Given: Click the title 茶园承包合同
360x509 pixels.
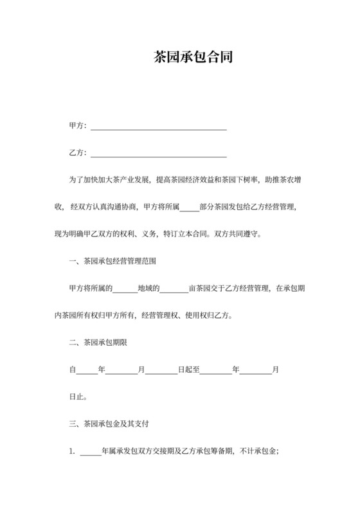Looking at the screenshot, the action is point(193,57).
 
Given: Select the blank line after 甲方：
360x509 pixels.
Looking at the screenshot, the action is point(158,127).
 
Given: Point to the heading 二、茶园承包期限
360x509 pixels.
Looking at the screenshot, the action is point(98,343).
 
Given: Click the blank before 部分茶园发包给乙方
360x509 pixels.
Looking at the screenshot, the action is point(190,208).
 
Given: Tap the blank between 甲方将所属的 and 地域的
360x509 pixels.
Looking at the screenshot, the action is point(126,290).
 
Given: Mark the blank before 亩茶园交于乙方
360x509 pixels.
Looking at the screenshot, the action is point(174,290).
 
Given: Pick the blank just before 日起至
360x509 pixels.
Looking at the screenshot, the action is point(161,371).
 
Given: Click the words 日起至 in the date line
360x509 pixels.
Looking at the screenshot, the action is point(189,370).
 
